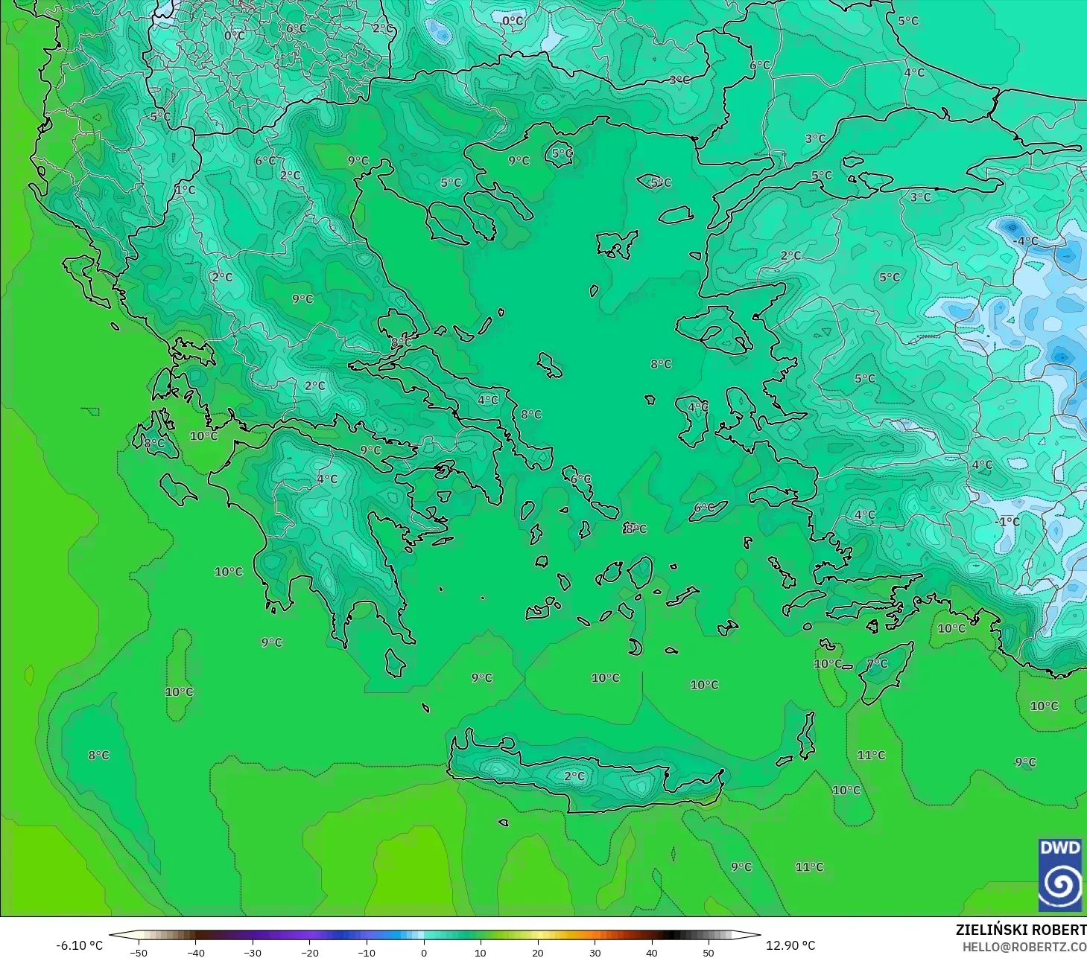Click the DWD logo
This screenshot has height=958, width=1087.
(1061, 875)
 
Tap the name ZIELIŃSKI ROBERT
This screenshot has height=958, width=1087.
(1021, 930)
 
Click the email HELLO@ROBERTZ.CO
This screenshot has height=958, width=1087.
(1024, 947)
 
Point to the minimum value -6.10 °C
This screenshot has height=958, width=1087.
(79, 945)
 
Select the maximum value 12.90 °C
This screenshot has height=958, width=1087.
(791, 945)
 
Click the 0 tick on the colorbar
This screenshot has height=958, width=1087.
(423, 952)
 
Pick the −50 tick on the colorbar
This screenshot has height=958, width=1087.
(138, 952)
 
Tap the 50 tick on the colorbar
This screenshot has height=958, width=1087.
(709, 952)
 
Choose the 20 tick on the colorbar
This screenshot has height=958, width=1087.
(537, 952)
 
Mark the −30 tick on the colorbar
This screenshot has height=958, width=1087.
(252, 952)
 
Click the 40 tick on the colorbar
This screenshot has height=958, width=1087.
(651, 952)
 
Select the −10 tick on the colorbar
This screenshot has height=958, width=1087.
(366, 952)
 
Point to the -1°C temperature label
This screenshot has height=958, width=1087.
(1007, 521)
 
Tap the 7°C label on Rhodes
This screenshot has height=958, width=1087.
(878, 663)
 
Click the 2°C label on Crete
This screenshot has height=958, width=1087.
(574, 776)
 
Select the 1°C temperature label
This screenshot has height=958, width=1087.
(186, 190)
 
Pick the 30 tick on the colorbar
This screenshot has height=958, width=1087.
(595, 952)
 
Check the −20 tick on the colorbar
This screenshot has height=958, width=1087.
(309, 952)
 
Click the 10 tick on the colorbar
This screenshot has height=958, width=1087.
(481, 952)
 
